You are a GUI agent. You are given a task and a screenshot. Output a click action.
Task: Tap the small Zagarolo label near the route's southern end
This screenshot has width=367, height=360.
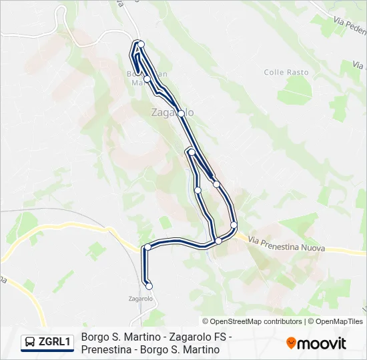[141, 299]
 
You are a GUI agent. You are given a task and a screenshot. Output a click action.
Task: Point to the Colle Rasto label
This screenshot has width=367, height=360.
[286, 72]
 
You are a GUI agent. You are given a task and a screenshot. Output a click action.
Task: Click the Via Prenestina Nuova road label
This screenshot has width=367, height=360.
[286, 244]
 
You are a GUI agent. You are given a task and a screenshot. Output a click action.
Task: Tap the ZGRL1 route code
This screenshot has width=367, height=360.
[55, 343]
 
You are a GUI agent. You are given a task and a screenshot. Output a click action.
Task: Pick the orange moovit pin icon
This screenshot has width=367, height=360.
[291, 343]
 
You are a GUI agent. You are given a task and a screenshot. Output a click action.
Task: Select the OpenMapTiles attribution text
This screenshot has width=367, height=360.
[339, 321]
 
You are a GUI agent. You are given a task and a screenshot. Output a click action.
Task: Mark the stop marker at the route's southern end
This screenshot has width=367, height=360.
[149, 286]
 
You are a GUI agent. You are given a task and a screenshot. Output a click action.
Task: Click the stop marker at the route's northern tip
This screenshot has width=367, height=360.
[141, 45]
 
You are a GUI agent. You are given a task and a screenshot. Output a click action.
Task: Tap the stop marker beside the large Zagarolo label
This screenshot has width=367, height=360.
[181, 113]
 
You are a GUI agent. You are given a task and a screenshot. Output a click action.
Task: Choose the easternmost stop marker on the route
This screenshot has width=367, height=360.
[234, 224]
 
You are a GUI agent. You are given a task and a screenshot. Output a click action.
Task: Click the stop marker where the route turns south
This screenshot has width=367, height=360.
[147, 247]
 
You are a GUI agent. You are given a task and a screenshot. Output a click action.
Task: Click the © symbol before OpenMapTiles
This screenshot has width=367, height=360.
[310, 321]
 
